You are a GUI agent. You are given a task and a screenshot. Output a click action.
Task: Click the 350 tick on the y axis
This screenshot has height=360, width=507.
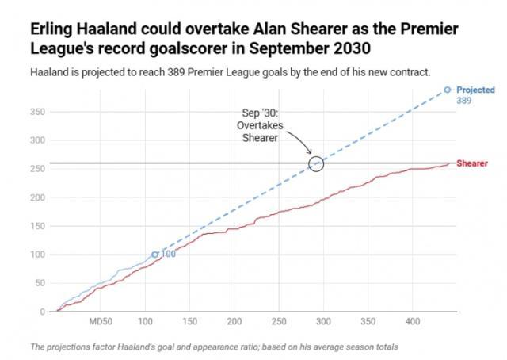(37, 112)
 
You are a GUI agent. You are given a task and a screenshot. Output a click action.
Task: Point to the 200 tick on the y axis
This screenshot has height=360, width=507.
(37, 197)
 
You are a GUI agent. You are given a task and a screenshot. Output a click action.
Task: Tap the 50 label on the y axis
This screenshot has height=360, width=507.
(40, 283)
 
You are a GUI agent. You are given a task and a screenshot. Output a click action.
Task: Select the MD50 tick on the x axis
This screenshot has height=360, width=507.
(101, 322)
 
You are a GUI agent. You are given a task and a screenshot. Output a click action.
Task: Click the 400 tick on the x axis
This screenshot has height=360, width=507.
(412, 322)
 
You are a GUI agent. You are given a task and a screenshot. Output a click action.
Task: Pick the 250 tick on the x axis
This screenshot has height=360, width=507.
(278, 322)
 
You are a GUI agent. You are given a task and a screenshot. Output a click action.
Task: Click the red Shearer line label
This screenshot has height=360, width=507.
(472, 163)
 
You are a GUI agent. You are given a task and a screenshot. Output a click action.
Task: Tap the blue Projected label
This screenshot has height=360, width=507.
(475, 90)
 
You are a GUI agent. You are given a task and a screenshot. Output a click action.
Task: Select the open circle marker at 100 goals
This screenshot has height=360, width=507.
(155, 255)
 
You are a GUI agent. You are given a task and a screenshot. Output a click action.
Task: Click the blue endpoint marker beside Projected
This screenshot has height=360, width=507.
(448, 90)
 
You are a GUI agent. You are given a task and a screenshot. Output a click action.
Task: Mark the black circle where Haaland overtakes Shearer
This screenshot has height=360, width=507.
(315, 163)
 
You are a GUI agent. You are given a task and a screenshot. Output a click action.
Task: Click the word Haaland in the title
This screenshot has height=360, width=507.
(91, 29)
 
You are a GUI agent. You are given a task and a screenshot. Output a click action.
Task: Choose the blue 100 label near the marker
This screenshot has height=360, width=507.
(168, 254)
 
